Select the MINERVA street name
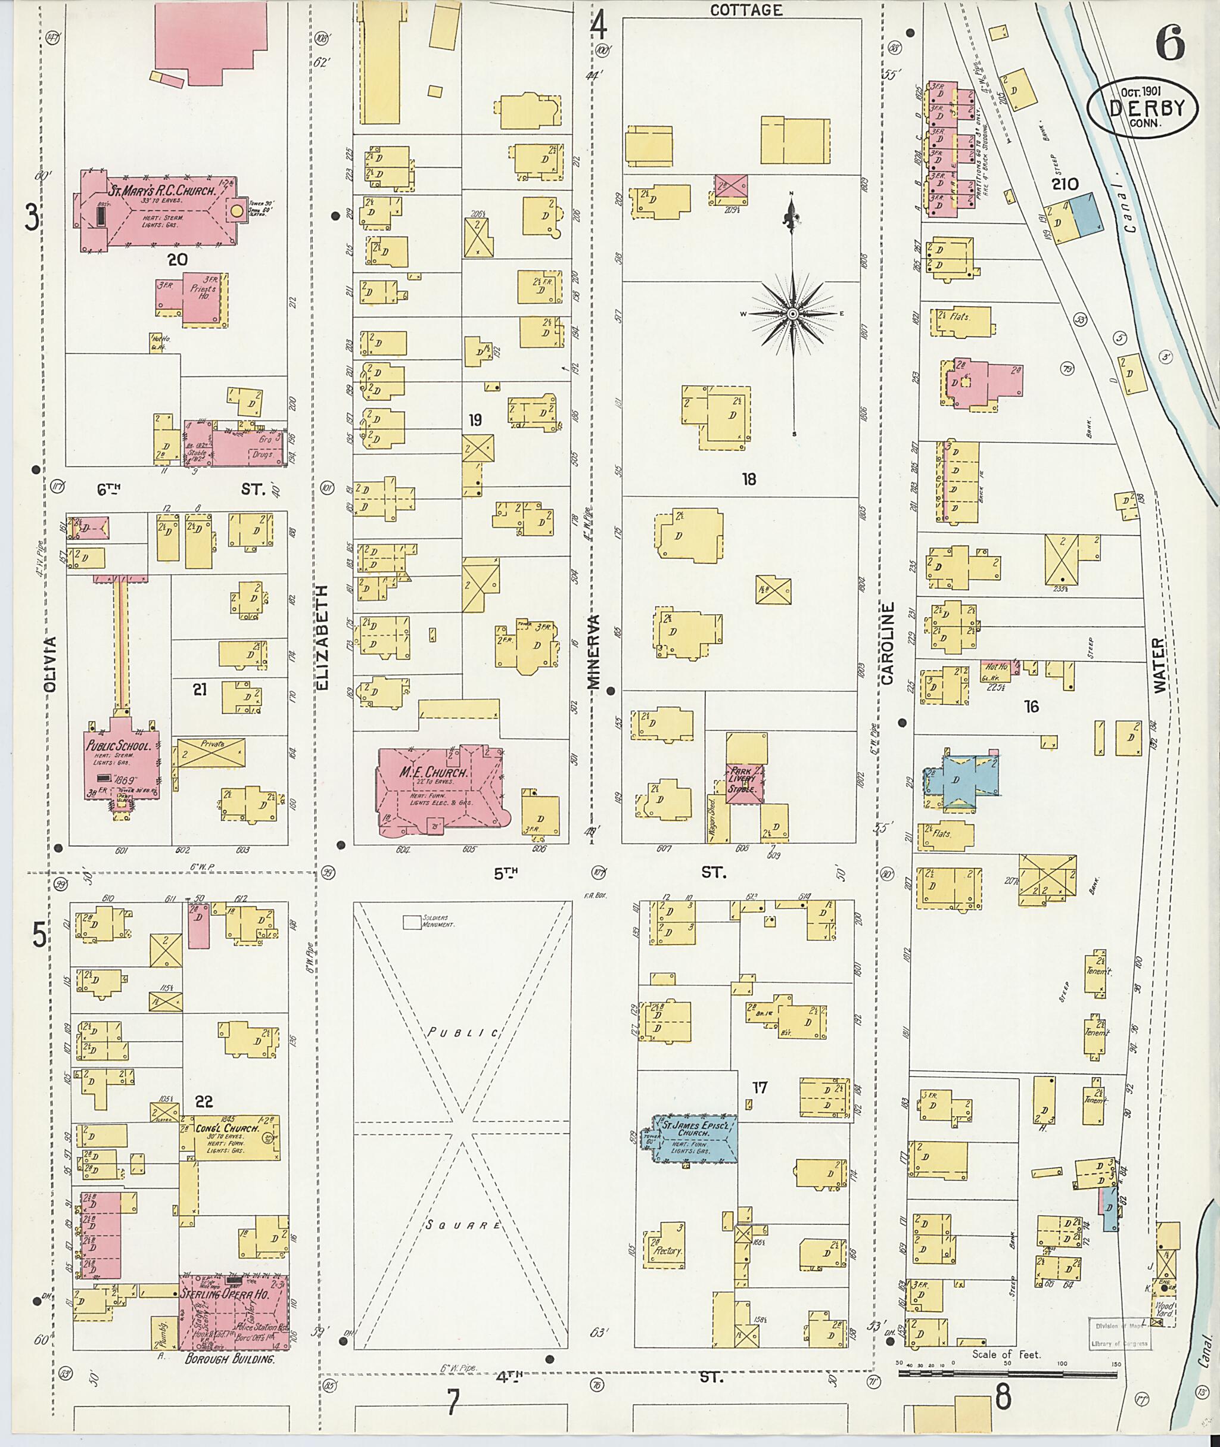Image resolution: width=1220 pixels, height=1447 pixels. [x=593, y=651]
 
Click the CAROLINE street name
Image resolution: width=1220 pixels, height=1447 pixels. [x=888, y=643]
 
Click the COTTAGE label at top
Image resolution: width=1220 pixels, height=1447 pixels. [x=746, y=10]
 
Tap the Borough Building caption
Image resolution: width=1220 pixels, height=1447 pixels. [x=229, y=1358]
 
